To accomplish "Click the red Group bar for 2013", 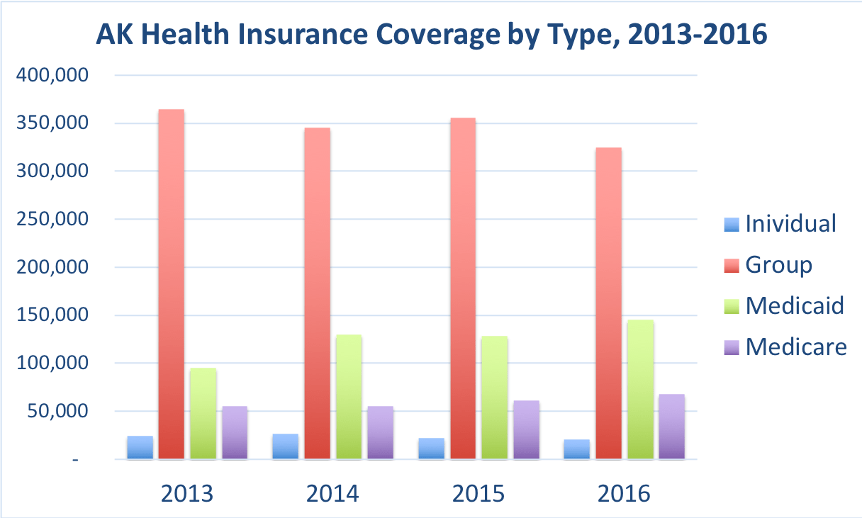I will coord(171,284).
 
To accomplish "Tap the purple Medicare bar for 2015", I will coord(527,430).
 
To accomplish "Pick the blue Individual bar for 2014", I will coord(286,446).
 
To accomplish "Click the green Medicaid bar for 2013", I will coord(203,414).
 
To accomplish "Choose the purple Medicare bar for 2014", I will coord(381,433).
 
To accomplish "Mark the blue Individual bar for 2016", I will coord(577,449).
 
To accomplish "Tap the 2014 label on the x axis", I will coord(332,493).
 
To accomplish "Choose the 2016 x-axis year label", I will coord(624,493).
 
